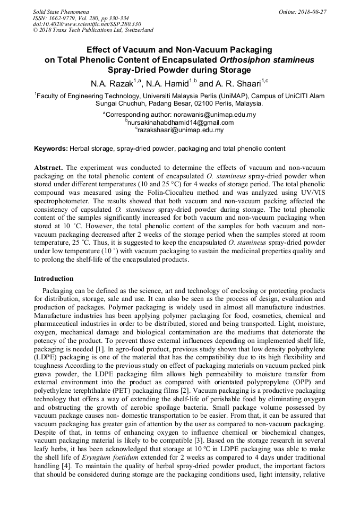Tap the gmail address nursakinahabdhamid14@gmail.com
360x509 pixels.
tap(181, 122)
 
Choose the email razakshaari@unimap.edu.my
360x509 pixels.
tap(181, 130)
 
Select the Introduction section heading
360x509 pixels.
tap(54, 278)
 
